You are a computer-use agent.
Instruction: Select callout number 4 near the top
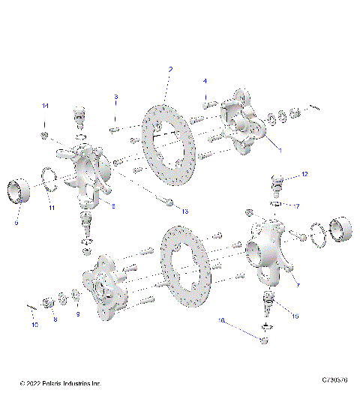point(204,80)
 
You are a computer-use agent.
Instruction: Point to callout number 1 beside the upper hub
point(280,149)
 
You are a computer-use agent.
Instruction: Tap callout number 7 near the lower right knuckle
point(297,286)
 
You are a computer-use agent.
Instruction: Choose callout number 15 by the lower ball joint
point(295,316)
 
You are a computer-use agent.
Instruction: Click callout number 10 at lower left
point(34,325)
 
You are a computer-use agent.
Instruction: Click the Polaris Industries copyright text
point(60,384)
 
